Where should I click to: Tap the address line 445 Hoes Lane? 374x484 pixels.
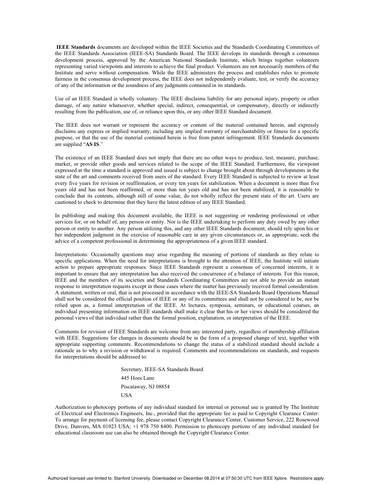coord(138,378)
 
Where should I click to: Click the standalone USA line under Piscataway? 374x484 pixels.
coord(126,395)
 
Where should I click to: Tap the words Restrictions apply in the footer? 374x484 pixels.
coord(309,478)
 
